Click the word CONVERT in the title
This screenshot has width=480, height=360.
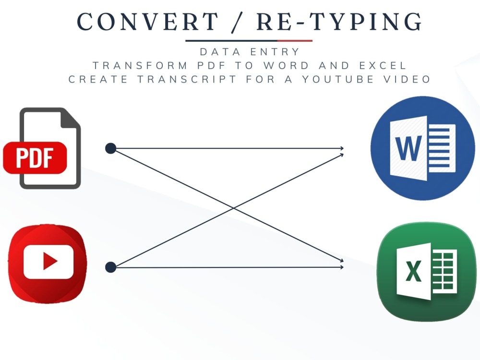pyautogui.click(x=147, y=22)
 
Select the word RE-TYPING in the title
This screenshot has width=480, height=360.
pyautogui.click(x=339, y=22)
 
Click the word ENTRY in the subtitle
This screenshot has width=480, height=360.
pyautogui.click(x=275, y=52)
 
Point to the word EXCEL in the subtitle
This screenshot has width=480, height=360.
pyautogui.click(x=383, y=65)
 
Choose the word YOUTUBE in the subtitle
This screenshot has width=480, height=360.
pyautogui.click(x=338, y=79)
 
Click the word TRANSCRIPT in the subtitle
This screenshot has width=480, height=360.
pyautogui.click(x=187, y=79)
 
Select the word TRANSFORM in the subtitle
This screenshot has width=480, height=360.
pyautogui.click(x=140, y=65)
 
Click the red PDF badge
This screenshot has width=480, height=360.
pyautogui.click(x=35, y=157)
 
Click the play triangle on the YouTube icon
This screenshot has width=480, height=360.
pyautogui.click(x=50, y=261)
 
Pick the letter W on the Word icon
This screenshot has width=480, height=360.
pyautogui.click(x=408, y=148)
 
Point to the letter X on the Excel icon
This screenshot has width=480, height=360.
pyautogui.click(x=414, y=271)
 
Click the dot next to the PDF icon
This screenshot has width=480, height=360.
pyautogui.click(x=110, y=148)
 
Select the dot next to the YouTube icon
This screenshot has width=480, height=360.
pyautogui.click(x=110, y=267)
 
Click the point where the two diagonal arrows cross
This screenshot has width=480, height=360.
pyautogui.click(x=234, y=208)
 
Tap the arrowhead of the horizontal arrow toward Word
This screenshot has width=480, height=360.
pyautogui.click(x=342, y=148)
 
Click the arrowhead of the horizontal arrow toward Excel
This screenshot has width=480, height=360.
pyautogui.click(x=342, y=267)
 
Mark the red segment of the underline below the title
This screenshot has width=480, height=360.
pyautogui.click(x=295, y=40)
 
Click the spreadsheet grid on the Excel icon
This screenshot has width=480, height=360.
pyautogui.click(x=444, y=271)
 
